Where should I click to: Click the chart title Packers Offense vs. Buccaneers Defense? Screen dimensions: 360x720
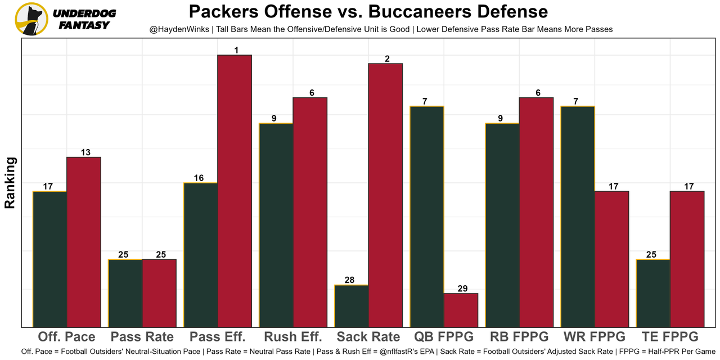[368, 12]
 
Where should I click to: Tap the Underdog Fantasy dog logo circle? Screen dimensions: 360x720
[31, 19]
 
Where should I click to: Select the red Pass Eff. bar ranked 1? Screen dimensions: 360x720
[235, 191]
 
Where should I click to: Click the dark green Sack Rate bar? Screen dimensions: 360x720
[352, 306]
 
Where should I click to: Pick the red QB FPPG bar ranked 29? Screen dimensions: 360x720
[461, 310]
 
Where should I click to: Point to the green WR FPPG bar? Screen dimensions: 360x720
[578, 217]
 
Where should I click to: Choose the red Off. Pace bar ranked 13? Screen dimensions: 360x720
[84, 242]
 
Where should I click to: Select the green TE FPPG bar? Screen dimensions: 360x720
[653, 293]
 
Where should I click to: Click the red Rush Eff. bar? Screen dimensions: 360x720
[310, 212]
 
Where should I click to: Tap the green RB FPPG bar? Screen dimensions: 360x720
[502, 225]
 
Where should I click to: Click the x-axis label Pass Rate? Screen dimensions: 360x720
[142, 337]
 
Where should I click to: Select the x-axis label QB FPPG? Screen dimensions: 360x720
[444, 337]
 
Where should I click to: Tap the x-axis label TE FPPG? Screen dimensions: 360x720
[670, 337]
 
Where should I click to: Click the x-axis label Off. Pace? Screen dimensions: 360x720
[67, 337]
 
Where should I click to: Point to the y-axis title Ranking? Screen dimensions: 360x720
[10, 183]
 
